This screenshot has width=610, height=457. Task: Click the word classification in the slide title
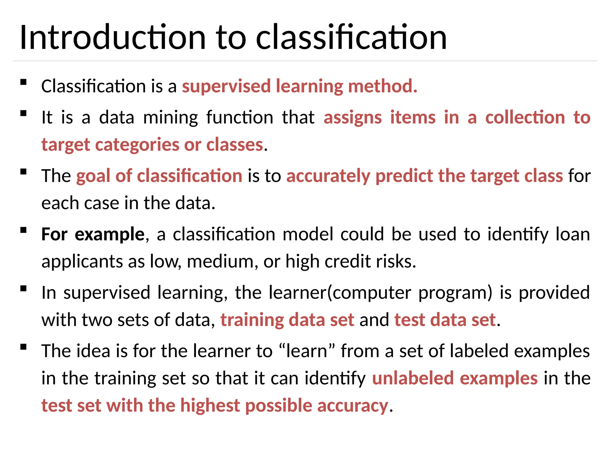pyautogui.click(x=351, y=37)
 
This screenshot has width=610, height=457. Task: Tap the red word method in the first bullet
pyautogui.click(x=382, y=86)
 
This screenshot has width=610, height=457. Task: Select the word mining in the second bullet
pyautogui.click(x=170, y=118)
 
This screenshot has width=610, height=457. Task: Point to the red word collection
pyautogui.click(x=525, y=118)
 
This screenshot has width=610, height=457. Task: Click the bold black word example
pyautogui.click(x=109, y=234)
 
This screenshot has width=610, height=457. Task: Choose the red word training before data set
pyautogui.click(x=252, y=320)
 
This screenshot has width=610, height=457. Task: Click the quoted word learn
pyautogui.click(x=307, y=351)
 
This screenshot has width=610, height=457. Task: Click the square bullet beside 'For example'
pyautogui.click(x=24, y=230)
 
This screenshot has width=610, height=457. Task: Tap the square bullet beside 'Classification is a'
pyautogui.click(x=24, y=82)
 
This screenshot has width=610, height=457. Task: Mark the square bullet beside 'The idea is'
pyautogui.click(x=24, y=347)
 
